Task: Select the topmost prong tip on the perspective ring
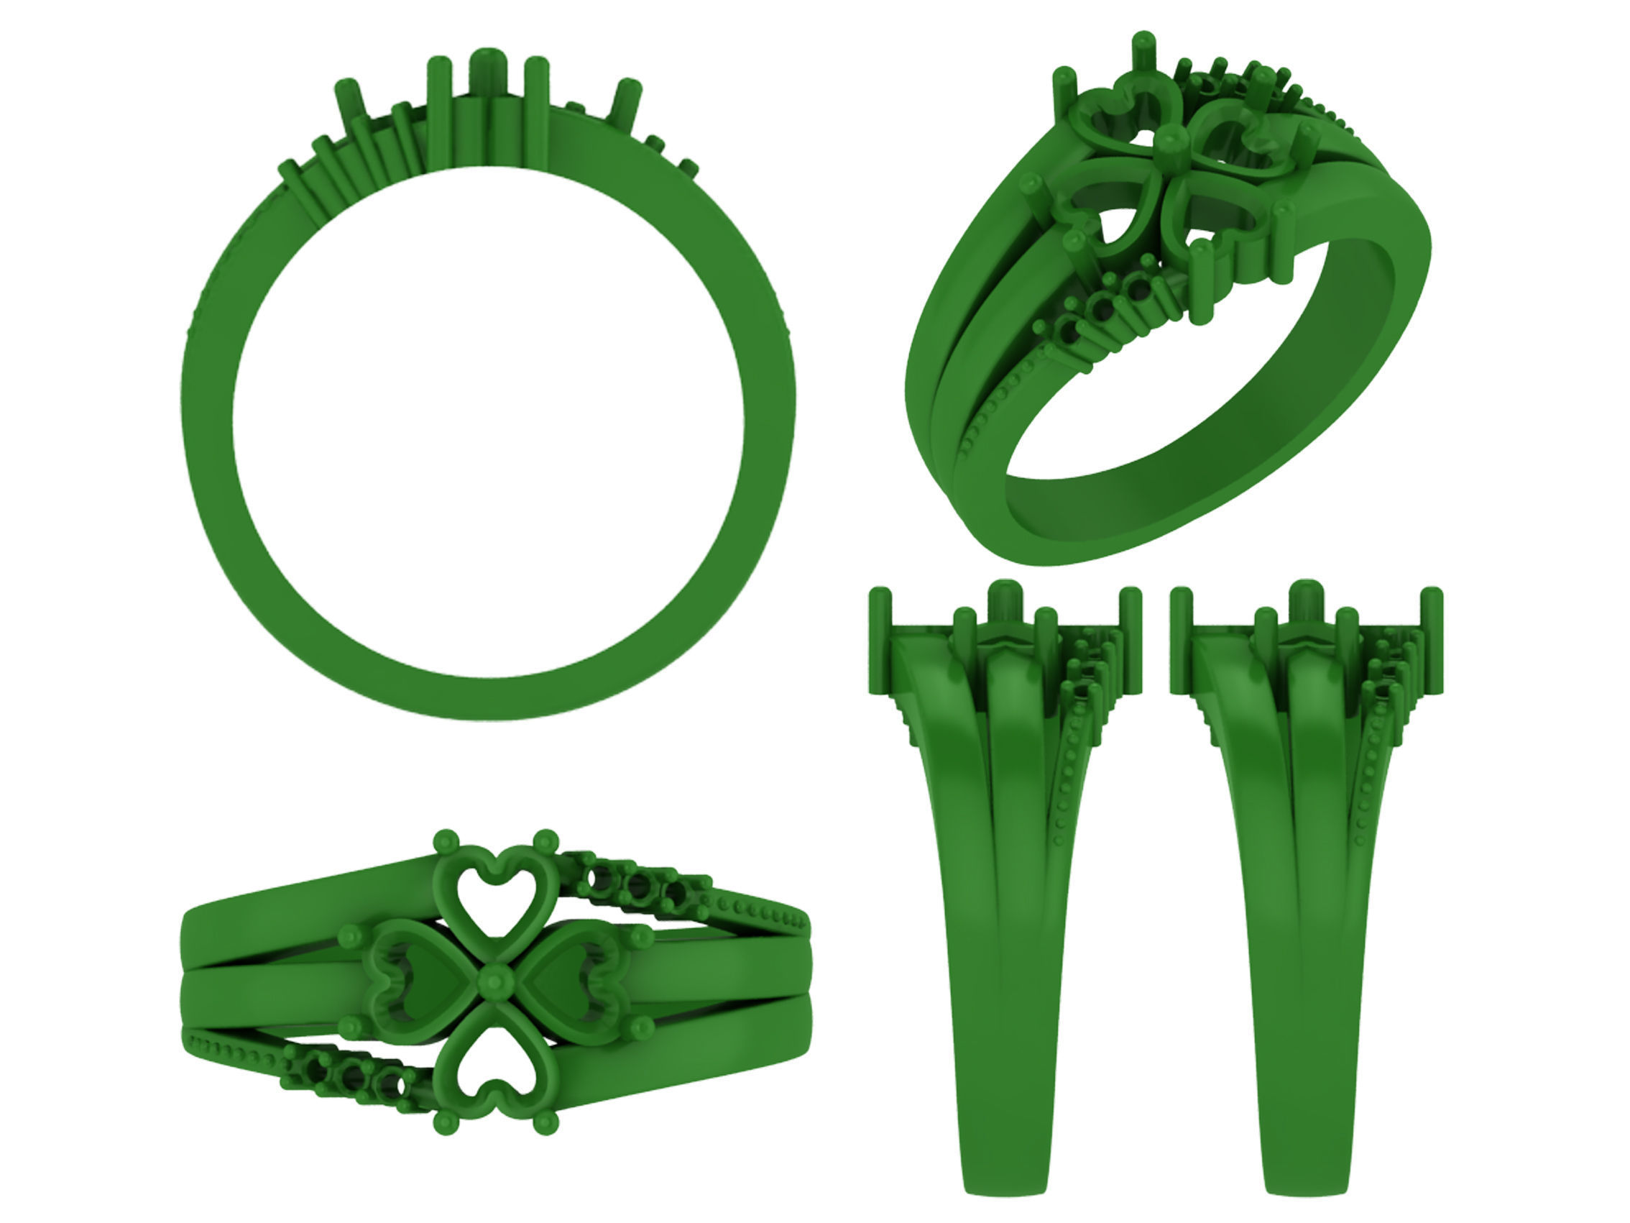click(1143, 40)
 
